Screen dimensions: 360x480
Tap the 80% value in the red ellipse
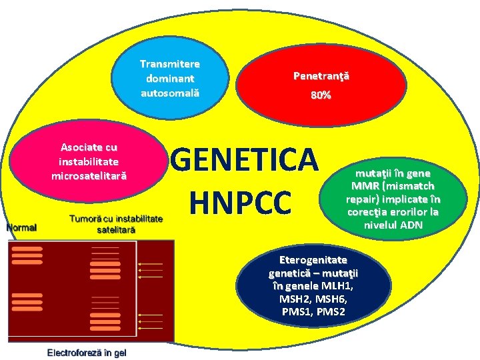(x=321, y=95)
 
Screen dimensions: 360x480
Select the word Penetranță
(x=321, y=76)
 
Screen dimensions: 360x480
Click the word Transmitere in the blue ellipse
(x=170, y=64)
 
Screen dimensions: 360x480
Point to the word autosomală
(x=170, y=92)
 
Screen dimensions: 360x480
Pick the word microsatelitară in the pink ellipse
(x=89, y=175)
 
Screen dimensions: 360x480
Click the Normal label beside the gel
(x=21, y=227)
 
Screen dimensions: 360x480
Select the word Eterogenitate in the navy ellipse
(x=314, y=259)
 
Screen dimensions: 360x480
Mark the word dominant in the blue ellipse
(x=170, y=78)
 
